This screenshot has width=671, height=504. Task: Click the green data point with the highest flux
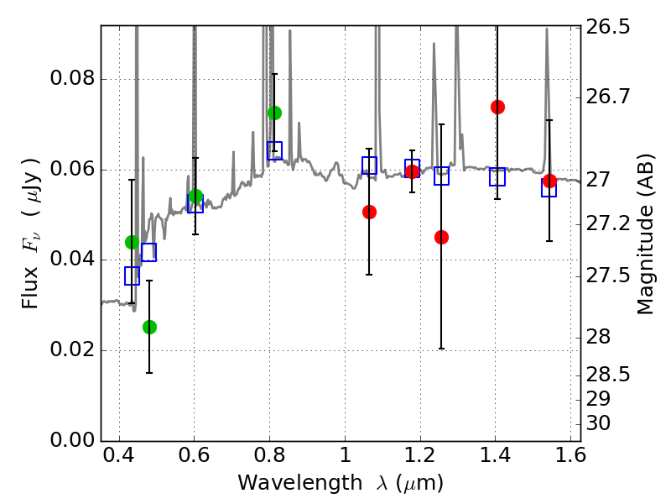click(x=274, y=113)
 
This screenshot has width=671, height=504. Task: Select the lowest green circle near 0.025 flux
click(x=149, y=327)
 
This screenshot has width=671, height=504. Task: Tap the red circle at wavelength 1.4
click(x=497, y=107)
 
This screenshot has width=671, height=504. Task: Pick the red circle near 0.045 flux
click(x=441, y=237)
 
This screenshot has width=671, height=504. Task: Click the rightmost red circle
click(x=549, y=181)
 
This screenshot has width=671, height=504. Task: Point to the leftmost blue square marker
click(x=132, y=276)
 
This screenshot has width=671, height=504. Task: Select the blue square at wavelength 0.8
click(x=274, y=150)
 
